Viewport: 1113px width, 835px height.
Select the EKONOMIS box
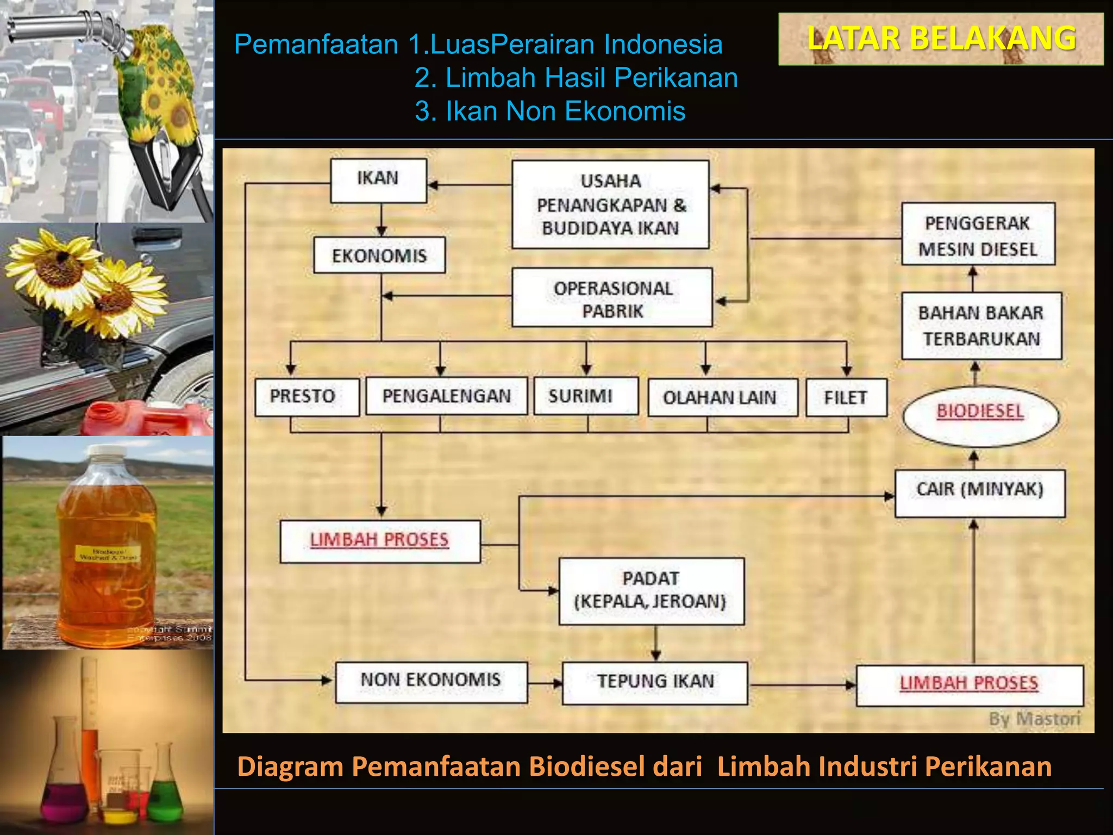(x=379, y=255)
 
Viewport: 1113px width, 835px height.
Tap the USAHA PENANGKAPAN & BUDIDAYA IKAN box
(x=610, y=204)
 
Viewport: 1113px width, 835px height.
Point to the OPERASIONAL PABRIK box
(x=612, y=297)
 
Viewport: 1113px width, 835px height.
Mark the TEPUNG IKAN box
(x=655, y=683)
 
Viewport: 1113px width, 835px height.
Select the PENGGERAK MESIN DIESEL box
(x=978, y=234)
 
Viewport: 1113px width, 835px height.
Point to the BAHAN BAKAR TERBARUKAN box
(x=981, y=326)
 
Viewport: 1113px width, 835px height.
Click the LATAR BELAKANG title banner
(x=941, y=39)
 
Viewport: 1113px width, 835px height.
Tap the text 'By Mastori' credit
(x=1034, y=719)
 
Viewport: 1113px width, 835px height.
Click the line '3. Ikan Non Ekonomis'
(x=549, y=111)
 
